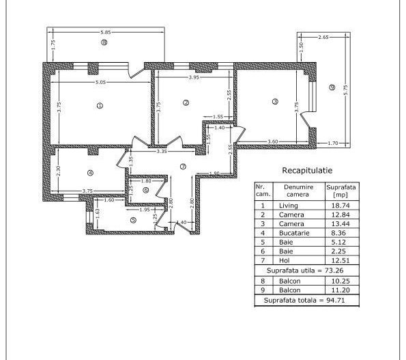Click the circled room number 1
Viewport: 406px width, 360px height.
(x=100, y=106)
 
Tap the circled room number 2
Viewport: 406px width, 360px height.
(x=186, y=103)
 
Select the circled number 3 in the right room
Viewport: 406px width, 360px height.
(x=275, y=102)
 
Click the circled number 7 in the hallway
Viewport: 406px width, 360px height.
(x=183, y=167)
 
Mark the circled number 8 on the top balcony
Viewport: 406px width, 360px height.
(x=104, y=43)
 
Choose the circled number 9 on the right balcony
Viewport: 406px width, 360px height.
(x=332, y=87)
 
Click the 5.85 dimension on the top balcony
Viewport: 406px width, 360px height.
(x=105, y=32)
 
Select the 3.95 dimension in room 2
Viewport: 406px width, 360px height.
(x=194, y=78)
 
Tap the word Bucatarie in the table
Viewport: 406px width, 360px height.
(x=294, y=233)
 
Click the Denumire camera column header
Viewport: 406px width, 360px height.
(x=298, y=189)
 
